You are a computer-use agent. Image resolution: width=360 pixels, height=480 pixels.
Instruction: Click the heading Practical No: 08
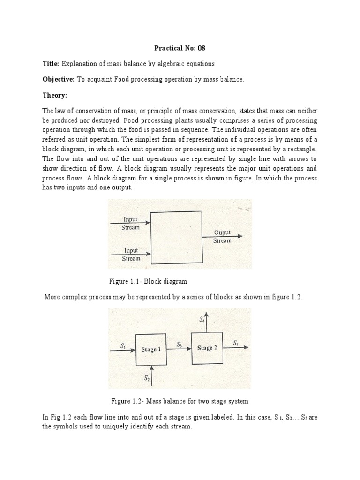(180, 48)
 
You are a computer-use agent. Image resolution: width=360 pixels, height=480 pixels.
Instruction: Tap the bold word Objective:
(59, 80)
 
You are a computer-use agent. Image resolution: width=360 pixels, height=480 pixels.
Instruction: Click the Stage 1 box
(151, 350)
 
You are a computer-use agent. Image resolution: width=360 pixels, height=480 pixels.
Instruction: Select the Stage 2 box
(207, 348)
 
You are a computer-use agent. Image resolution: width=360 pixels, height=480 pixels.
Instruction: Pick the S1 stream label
(123, 346)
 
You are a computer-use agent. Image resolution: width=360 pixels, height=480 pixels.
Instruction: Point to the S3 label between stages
(179, 344)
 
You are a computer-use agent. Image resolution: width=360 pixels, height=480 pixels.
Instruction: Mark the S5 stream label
(236, 344)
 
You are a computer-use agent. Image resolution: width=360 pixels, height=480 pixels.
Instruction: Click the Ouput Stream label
(222, 237)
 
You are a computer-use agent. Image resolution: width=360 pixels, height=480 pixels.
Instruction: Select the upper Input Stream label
(131, 223)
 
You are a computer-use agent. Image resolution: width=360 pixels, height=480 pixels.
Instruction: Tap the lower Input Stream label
(131, 255)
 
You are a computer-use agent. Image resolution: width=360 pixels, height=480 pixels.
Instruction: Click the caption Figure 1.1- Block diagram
(148, 281)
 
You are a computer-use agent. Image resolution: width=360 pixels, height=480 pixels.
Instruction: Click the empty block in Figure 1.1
(176, 237)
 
